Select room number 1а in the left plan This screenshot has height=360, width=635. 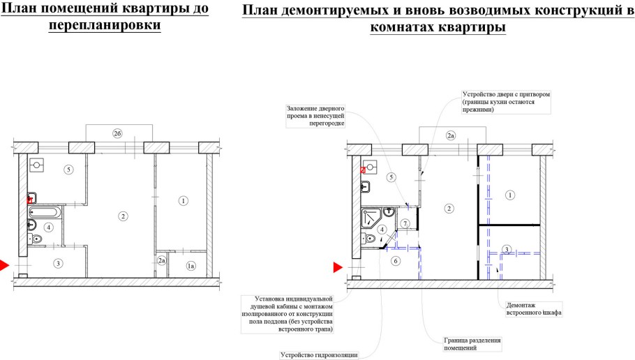pyautogui.click(x=190, y=266)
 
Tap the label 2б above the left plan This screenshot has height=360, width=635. pyautogui.click(x=118, y=133)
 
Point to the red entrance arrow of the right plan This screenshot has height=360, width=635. pyautogui.click(x=338, y=267)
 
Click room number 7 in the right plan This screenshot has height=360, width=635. pyautogui.click(x=405, y=223)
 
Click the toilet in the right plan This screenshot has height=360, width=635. pyautogui.click(x=369, y=240)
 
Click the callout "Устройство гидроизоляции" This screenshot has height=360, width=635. pyautogui.click(x=320, y=354)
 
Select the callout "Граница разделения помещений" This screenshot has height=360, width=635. pyautogui.click(x=473, y=344)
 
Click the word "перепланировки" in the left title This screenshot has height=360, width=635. pyautogui.click(x=105, y=25)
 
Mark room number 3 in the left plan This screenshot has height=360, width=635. pyautogui.click(x=58, y=263)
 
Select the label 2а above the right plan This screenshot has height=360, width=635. pyautogui.click(x=451, y=135)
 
